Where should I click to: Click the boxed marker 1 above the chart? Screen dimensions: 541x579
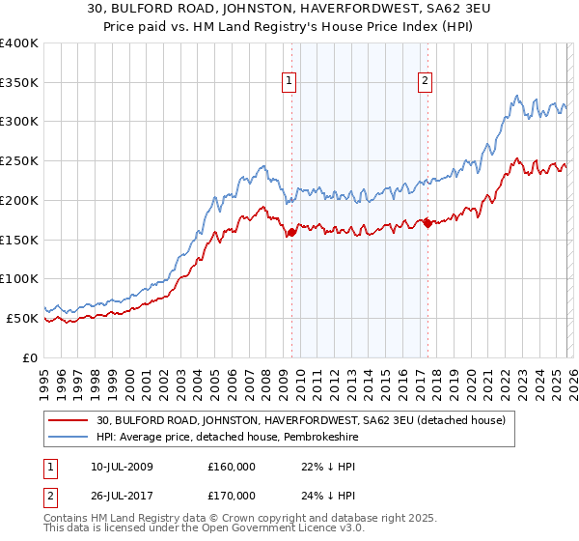(x=290, y=82)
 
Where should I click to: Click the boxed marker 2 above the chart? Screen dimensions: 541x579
(x=426, y=82)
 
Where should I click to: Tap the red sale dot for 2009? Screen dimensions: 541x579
(x=291, y=232)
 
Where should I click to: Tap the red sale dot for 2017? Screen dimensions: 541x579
(x=427, y=224)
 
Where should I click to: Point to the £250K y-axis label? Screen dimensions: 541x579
(x=19, y=161)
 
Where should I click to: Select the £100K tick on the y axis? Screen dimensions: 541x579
(x=19, y=279)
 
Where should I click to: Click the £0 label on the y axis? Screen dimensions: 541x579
(x=29, y=357)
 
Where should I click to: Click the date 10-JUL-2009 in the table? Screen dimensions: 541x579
(x=117, y=467)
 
